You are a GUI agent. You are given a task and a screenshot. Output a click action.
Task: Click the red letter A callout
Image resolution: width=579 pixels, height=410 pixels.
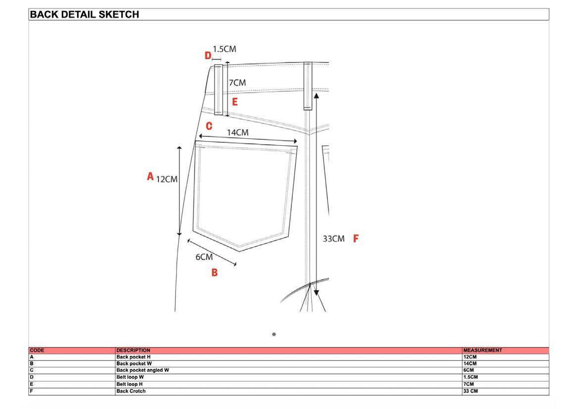(150, 176)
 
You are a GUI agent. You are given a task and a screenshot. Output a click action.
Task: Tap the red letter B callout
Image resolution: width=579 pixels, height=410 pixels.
(215, 273)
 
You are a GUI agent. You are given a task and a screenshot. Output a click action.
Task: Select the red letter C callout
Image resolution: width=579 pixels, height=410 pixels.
(209, 126)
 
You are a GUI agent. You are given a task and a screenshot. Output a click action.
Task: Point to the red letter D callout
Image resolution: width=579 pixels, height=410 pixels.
(208, 56)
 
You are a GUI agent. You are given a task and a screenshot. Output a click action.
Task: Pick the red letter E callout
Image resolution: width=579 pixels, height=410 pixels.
(235, 102)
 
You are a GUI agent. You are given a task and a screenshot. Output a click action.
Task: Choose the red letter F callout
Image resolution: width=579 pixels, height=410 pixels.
(356, 238)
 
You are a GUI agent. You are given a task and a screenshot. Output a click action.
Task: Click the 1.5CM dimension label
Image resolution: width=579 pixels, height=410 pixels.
(225, 49)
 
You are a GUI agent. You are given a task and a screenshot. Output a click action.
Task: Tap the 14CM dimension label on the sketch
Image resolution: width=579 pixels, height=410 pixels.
(238, 132)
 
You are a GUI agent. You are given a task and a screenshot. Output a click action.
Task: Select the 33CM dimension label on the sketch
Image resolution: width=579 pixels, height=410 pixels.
(334, 238)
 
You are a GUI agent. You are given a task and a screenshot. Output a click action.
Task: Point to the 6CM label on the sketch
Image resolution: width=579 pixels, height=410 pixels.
(204, 257)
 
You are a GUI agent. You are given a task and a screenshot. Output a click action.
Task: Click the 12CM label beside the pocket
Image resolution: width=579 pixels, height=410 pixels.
(167, 179)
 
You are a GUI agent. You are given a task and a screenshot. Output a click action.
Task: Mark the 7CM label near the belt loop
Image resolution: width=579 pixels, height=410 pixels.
(237, 82)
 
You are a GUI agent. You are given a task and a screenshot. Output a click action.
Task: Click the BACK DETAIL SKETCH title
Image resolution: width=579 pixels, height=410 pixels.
(85, 14)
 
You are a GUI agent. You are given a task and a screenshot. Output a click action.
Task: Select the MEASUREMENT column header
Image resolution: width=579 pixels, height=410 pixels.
(482, 350)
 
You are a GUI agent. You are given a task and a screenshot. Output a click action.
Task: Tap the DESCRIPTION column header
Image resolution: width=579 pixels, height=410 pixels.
(133, 350)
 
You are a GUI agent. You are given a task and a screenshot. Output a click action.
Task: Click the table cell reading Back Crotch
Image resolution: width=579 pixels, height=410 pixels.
(131, 391)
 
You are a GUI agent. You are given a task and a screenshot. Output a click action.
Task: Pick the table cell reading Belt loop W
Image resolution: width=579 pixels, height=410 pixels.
(130, 377)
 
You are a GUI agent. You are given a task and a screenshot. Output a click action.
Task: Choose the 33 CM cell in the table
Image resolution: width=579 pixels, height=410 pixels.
(471, 391)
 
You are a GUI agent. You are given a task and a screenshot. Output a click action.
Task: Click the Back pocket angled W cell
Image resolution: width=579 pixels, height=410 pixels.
(143, 370)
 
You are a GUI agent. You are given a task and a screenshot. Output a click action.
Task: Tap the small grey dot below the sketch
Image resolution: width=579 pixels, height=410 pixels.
(274, 334)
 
